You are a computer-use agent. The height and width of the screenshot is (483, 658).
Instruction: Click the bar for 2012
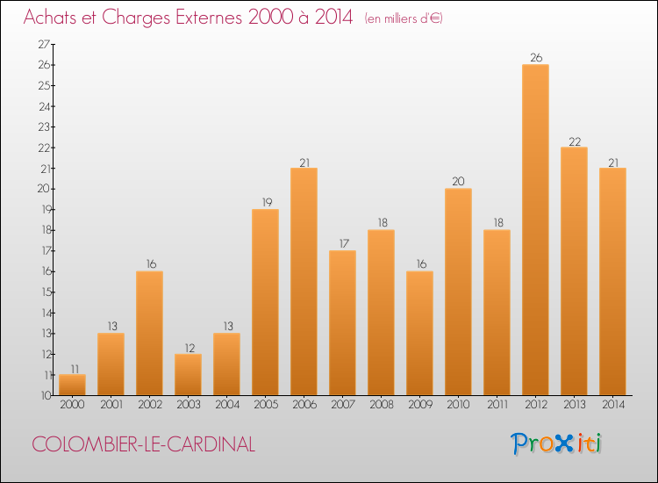(x=535, y=230)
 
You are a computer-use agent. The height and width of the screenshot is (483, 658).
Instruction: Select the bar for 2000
(x=72, y=385)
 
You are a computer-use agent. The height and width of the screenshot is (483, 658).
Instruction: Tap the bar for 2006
(x=304, y=281)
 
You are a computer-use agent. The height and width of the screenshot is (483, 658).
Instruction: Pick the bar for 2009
(x=419, y=333)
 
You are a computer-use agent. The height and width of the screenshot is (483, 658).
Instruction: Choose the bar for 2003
(x=188, y=374)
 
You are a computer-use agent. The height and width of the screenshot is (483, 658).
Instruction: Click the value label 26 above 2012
(x=535, y=58)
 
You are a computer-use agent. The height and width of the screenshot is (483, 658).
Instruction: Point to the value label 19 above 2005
(x=265, y=203)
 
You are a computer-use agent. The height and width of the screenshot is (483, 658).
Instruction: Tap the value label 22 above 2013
(x=574, y=141)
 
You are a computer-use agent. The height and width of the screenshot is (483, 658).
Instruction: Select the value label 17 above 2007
(x=342, y=244)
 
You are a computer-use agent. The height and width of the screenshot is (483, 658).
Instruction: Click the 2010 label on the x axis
(x=458, y=405)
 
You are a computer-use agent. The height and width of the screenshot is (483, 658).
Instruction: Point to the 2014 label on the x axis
(x=612, y=405)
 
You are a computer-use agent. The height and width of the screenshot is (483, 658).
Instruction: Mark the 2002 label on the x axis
(x=149, y=405)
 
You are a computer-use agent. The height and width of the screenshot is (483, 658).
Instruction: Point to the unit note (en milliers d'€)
(x=404, y=18)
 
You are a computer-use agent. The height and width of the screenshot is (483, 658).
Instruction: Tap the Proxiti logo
(x=557, y=443)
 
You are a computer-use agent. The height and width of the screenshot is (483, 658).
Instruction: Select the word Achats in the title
(x=52, y=17)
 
